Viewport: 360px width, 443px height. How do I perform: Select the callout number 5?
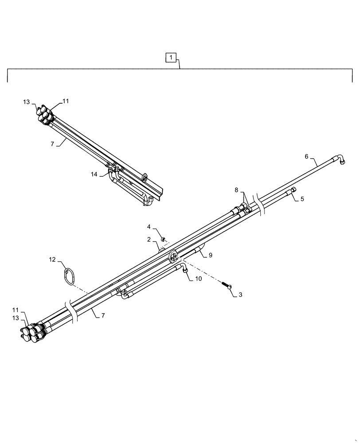click(x=302, y=199)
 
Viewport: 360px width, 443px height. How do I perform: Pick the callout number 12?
click(x=53, y=260)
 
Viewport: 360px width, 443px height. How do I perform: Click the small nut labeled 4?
click(x=164, y=239)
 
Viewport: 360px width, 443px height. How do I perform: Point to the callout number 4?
click(x=149, y=227)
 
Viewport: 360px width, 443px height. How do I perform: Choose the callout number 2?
click(x=149, y=240)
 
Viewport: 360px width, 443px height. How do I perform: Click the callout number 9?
click(x=211, y=255)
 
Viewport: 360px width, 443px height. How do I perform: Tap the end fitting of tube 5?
click(x=293, y=190)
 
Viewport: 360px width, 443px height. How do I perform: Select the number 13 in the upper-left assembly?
click(x=26, y=102)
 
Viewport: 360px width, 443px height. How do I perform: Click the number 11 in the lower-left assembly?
click(x=16, y=310)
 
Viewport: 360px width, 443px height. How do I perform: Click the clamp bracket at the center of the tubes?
click(x=173, y=256)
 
